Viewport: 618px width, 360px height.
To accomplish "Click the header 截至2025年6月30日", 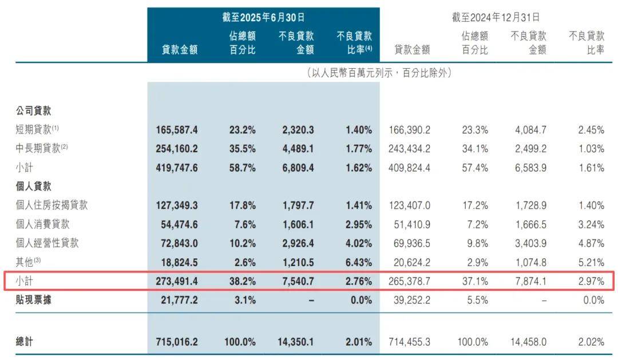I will [263, 18].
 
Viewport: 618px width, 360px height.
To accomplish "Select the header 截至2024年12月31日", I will [496, 18].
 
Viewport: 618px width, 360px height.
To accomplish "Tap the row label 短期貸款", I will [34, 130].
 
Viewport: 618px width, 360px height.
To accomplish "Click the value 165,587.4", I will [177, 130].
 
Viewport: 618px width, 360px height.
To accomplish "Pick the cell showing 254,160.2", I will [177, 149].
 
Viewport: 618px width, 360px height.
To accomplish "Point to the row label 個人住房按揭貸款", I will [51, 205].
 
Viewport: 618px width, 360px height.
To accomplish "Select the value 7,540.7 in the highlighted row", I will [297, 281].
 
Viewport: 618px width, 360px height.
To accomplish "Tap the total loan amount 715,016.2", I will [177, 342].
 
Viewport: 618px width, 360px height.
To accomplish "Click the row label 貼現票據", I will [33, 300].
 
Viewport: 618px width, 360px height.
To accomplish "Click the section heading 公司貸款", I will [33, 111].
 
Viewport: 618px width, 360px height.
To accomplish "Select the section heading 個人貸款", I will [33, 187].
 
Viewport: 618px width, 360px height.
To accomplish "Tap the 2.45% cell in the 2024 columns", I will [591, 130].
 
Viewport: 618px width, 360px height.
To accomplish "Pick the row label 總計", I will [24, 342].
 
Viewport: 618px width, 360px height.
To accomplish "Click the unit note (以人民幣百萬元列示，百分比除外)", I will [379, 73].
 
